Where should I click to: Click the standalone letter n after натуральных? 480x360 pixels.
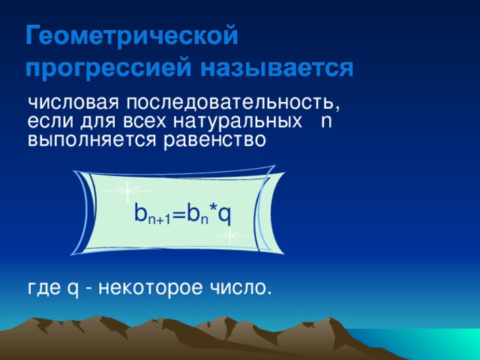325,121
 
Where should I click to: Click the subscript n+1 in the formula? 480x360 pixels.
159,220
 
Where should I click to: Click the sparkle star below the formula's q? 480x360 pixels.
230,236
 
